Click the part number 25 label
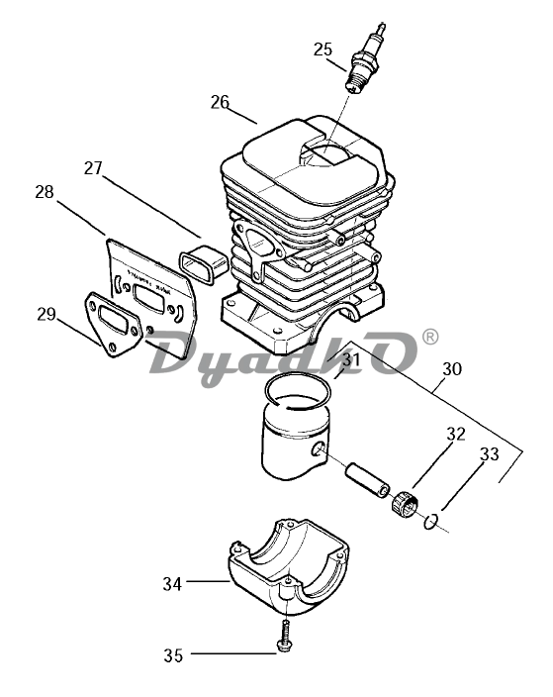pyautogui.click(x=323, y=49)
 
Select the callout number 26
pyautogui.click(x=220, y=102)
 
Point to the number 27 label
pyautogui.click(x=93, y=168)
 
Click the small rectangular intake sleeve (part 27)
pyautogui.click(x=204, y=263)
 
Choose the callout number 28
pyautogui.click(x=45, y=192)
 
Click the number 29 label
pyautogui.click(x=46, y=314)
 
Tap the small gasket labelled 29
pyautogui.click(x=113, y=325)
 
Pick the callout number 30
pyautogui.click(x=452, y=368)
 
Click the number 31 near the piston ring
pyautogui.click(x=351, y=359)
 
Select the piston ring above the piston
pyautogui.click(x=298, y=391)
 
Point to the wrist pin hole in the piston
pyautogui.click(x=319, y=449)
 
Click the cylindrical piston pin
pyautogui.click(x=368, y=480)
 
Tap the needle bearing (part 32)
pyautogui.click(x=405, y=504)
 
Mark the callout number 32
pyautogui.click(x=456, y=434)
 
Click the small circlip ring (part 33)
pyautogui.click(x=431, y=522)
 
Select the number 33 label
pyautogui.click(x=489, y=454)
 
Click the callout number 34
pyautogui.click(x=172, y=584)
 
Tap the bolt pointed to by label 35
pyautogui.click(x=284, y=637)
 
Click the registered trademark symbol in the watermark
pyautogui.click(x=429, y=337)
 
